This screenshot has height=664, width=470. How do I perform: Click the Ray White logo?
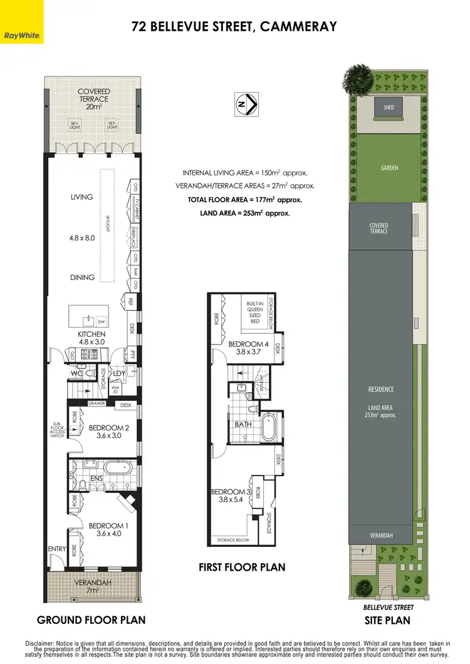click(x=21, y=22)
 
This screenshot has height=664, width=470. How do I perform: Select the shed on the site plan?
click(x=389, y=108)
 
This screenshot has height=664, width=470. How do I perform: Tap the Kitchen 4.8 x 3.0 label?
click(x=91, y=338)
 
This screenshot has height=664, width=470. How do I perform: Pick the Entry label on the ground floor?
click(x=56, y=549)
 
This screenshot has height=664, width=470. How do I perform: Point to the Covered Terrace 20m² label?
click(x=93, y=98)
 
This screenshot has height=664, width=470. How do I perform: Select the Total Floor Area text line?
click(x=245, y=200)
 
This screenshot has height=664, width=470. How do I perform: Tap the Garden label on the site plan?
click(x=389, y=168)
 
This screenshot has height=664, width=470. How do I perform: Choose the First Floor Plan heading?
click(x=242, y=568)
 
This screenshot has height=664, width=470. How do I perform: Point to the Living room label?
click(x=81, y=197)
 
